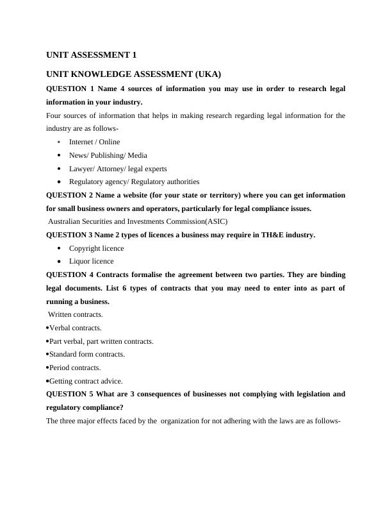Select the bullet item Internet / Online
[94, 142]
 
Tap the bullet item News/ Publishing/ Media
[108, 155]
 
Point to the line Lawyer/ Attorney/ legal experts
[118, 169]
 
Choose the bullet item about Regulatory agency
[134, 182]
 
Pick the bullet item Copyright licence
[96, 248]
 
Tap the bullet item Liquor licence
[91, 261]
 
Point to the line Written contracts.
[76, 314]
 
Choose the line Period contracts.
[75, 368]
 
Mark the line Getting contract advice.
[86, 381]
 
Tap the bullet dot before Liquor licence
[59, 262]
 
